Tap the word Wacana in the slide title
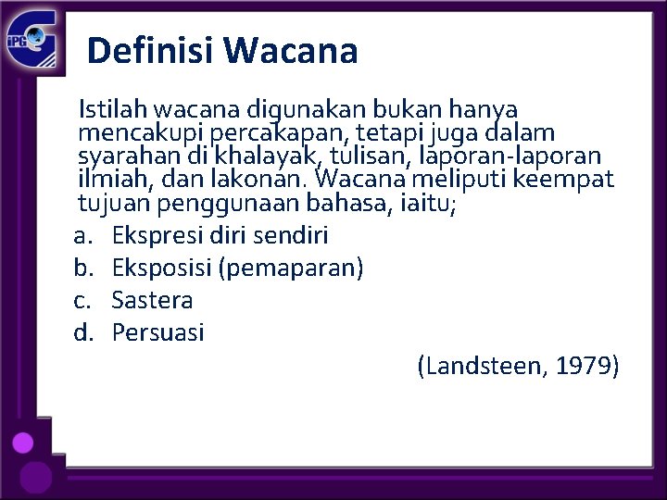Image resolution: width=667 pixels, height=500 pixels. tap(291, 50)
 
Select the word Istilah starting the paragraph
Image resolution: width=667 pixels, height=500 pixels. tap(107, 110)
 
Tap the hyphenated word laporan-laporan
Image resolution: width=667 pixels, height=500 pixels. tap(510, 156)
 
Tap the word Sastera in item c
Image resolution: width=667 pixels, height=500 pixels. tap(152, 300)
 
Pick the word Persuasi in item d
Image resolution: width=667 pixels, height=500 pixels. tap(157, 331)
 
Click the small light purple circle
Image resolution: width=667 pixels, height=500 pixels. tap(23, 443)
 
